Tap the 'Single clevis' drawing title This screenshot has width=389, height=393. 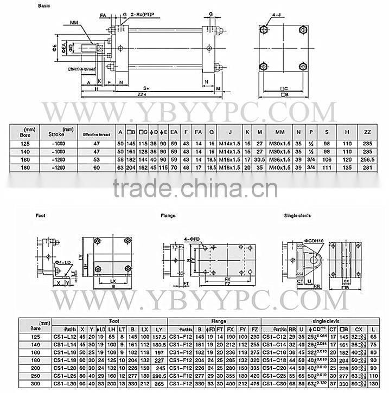(297, 216)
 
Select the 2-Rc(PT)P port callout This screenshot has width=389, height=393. (144, 14)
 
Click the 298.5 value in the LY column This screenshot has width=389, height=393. (160, 375)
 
